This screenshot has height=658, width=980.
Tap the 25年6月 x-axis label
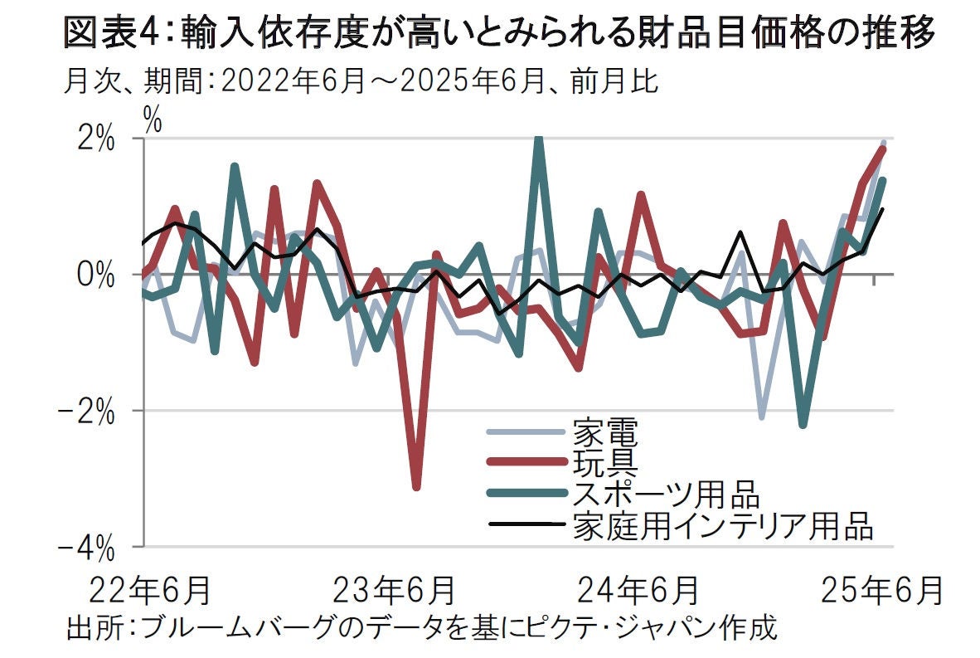tap(882, 591)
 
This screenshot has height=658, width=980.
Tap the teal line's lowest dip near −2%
tap(803, 425)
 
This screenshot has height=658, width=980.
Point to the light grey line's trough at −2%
tap(761, 417)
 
